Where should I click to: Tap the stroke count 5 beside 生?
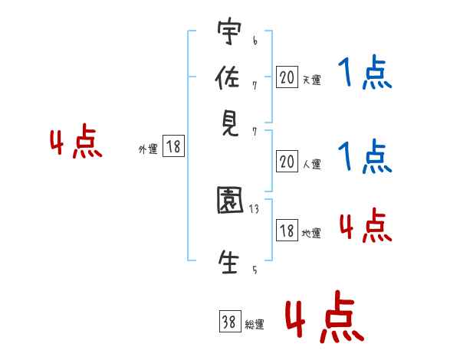[x=255, y=270]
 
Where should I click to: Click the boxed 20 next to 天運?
[x=287, y=77]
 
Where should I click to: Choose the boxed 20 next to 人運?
[x=287, y=161]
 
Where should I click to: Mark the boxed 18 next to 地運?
[x=287, y=231]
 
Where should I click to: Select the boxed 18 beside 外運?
[x=173, y=147]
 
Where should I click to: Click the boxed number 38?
[x=230, y=322]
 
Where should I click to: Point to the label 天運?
[x=311, y=80]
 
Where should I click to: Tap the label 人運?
[x=312, y=164]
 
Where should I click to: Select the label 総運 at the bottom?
[x=255, y=325]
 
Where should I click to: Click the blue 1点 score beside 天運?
[x=364, y=74]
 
